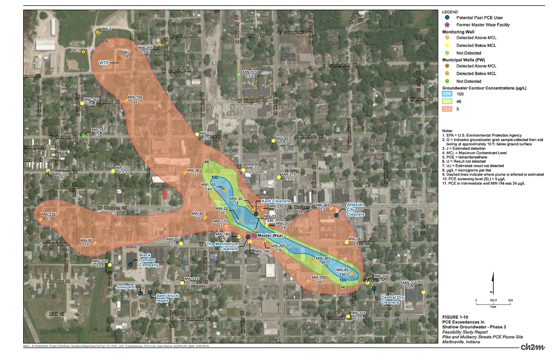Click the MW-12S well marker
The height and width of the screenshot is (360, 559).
(x=239, y=74)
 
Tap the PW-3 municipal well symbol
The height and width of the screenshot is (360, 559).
(x=98, y=31)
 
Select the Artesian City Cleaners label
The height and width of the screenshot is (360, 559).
(x=355, y=209)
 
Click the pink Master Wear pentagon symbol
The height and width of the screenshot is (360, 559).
(x=253, y=235)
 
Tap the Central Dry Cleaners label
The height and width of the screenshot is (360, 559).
(x=390, y=300)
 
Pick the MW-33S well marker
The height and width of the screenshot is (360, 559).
(x=423, y=292)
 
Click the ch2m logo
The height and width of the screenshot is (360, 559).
(x=532, y=346)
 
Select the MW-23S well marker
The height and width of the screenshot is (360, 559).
(x=41, y=219)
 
